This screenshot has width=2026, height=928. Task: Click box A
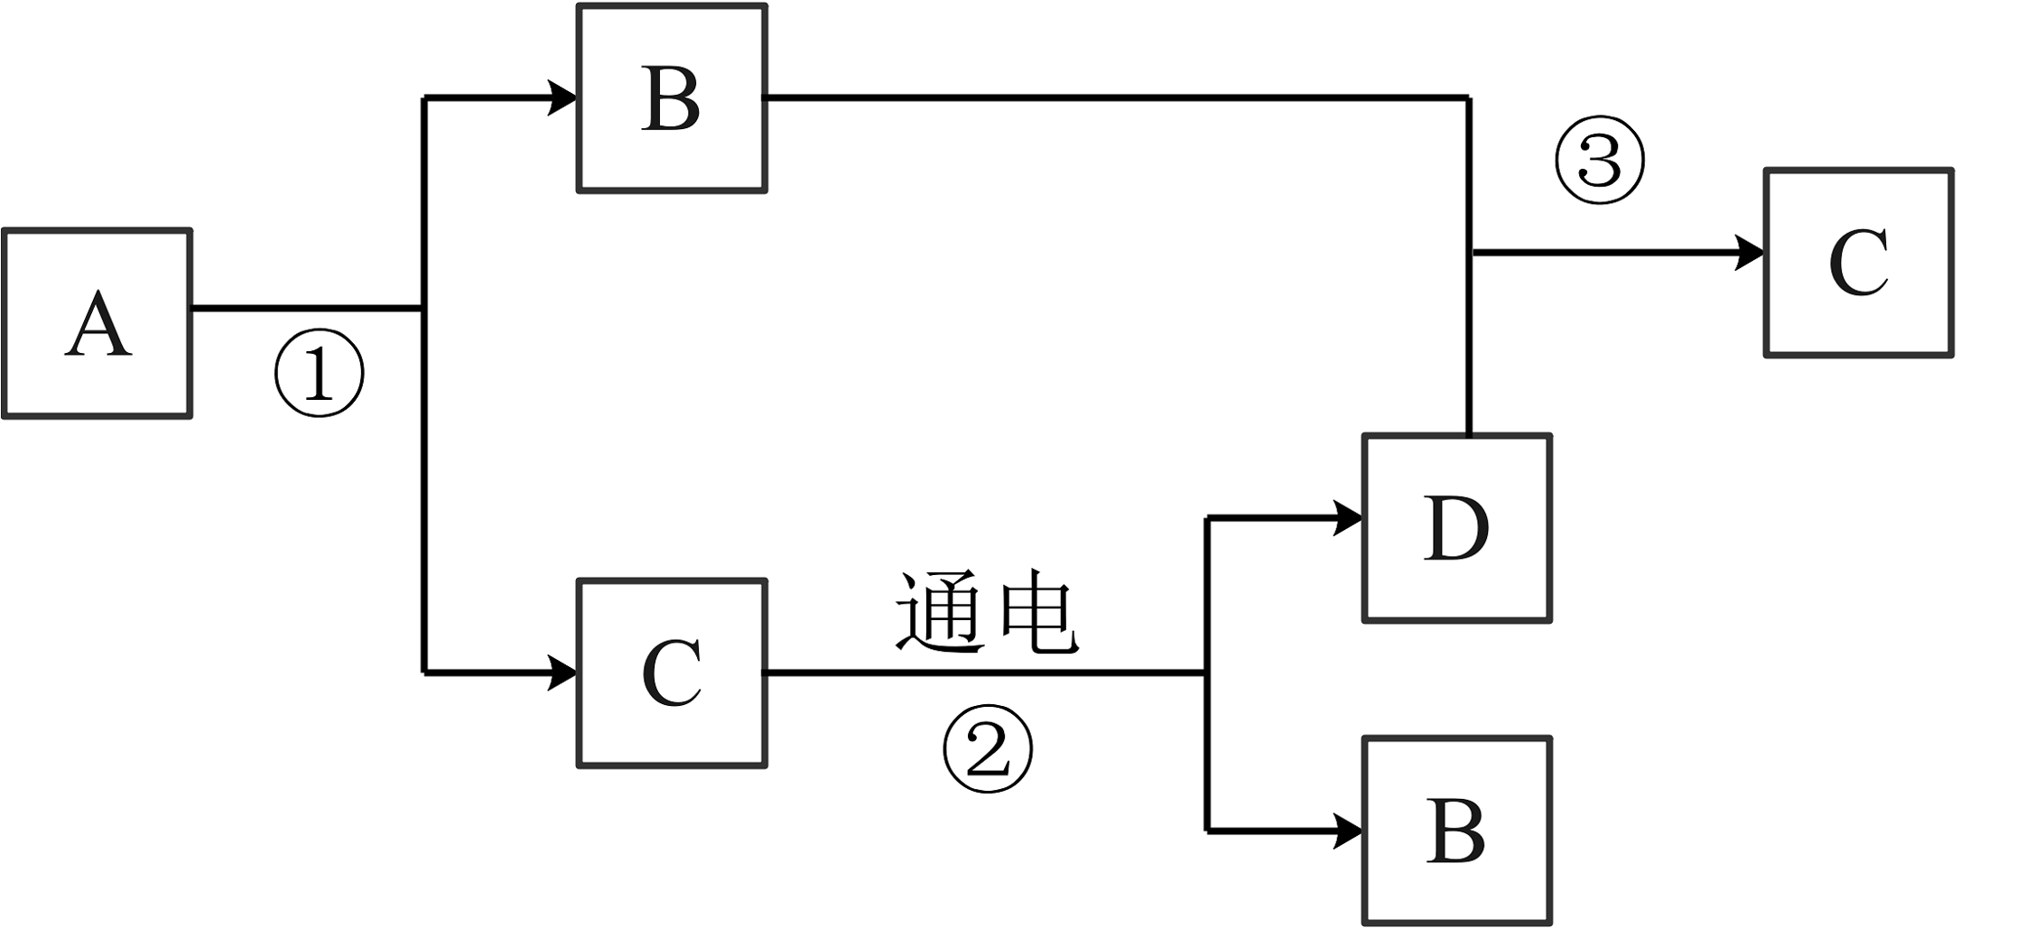pyautogui.click(x=98, y=324)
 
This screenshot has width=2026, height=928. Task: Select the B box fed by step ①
pyautogui.click(x=672, y=98)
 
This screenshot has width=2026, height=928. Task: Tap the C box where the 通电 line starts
pyautogui.click(x=672, y=673)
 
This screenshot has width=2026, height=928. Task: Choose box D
pyautogui.click(x=1456, y=529)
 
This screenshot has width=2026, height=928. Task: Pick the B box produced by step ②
pyautogui.click(x=1456, y=831)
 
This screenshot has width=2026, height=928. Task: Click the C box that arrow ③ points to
pyautogui.click(x=1858, y=263)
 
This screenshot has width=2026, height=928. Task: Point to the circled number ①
pyautogui.click(x=319, y=373)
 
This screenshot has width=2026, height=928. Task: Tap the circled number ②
pyautogui.click(x=987, y=749)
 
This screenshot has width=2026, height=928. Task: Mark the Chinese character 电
pyautogui.click(x=1038, y=613)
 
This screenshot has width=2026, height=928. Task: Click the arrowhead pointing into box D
pyautogui.click(x=1349, y=519)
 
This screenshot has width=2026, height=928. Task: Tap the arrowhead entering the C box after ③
pyautogui.click(x=1751, y=253)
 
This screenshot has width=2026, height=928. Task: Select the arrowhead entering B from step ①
pyautogui.click(x=564, y=97)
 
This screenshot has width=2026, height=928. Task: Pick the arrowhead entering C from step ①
pyautogui.click(x=564, y=673)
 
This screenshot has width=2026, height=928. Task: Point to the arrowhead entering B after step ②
pyautogui.click(x=1349, y=831)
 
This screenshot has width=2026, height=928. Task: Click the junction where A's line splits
pyautogui.click(x=423, y=309)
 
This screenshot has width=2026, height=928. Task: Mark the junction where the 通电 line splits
pyautogui.click(x=1207, y=673)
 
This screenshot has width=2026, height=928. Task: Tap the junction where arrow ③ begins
pyautogui.click(x=1470, y=253)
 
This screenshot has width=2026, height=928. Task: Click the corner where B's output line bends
pyautogui.click(x=1469, y=97)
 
